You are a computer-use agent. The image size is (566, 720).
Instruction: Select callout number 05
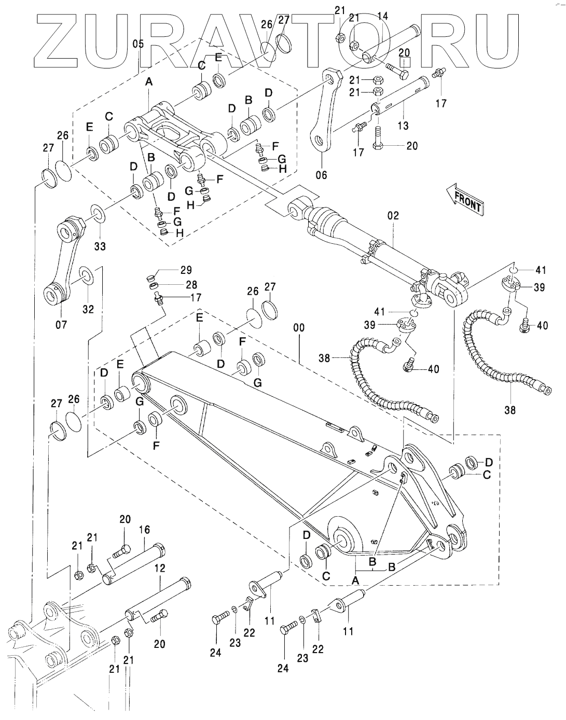(138, 44)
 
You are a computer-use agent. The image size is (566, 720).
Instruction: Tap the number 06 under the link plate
(321, 175)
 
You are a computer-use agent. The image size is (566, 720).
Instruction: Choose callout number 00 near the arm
(299, 328)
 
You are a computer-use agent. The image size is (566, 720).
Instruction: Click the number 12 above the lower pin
(159, 569)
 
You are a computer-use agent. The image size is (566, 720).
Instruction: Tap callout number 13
(403, 125)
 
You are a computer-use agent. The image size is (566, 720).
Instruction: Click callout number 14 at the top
(382, 16)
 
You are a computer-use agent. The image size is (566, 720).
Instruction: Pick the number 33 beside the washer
(100, 246)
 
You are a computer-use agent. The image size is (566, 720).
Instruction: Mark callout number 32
(88, 309)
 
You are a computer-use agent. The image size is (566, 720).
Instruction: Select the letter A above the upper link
(149, 81)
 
